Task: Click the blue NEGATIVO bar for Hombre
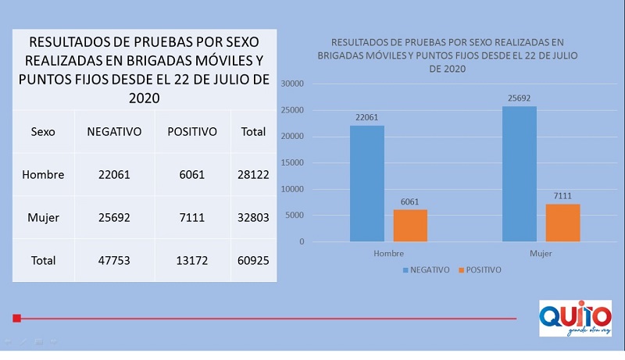tap(367, 184)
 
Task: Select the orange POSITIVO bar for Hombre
tap(410, 226)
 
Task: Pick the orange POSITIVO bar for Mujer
tap(562, 223)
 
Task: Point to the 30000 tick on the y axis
tap(293, 84)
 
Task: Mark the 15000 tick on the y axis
tap(293, 163)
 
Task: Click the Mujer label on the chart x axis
tap(541, 254)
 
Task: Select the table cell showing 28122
tap(253, 175)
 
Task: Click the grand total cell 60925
tap(253, 259)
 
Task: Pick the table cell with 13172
tap(192, 259)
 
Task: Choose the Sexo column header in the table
tap(43, 132)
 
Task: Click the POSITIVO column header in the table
tap(192, 132)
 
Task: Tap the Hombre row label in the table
tap(43, 175)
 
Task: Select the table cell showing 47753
tap(114, 259)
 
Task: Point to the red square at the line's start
tap(16, 318)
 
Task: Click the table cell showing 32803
tap(253, 217)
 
